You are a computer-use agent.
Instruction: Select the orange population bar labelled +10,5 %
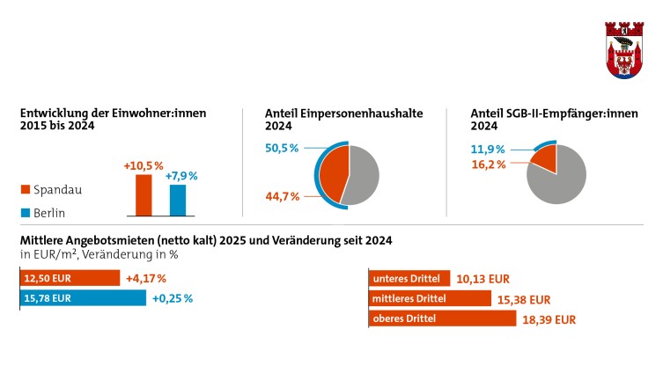pyautogui.click(x=143, y=194)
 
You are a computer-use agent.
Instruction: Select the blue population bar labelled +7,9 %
pyautogui.click(x=178, y=200)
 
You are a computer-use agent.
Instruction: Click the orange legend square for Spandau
pyautogui.click(x=26, y=189)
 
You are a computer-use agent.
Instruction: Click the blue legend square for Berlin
pyautogui.click(x=26, y=212)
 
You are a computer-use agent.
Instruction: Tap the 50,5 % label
pyautogui.click(x=283, y=149)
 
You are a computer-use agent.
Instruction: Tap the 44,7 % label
pyautogui.click(x=283, y=196)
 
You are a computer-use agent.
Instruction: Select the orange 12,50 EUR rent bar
pyautogui.click(x=70, y=279)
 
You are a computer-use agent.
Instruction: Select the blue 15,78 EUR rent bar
pyautogui.click(x=83, y=298)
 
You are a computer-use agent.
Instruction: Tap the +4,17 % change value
pyautogui.click(x=146, y=279)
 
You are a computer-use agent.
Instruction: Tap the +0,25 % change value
pyautogui.click(x=172, y=298)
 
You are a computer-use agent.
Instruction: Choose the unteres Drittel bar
pyautogui.click(x=409, y=279)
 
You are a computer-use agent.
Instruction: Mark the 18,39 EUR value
pyautogui.click(x=551, y=319)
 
